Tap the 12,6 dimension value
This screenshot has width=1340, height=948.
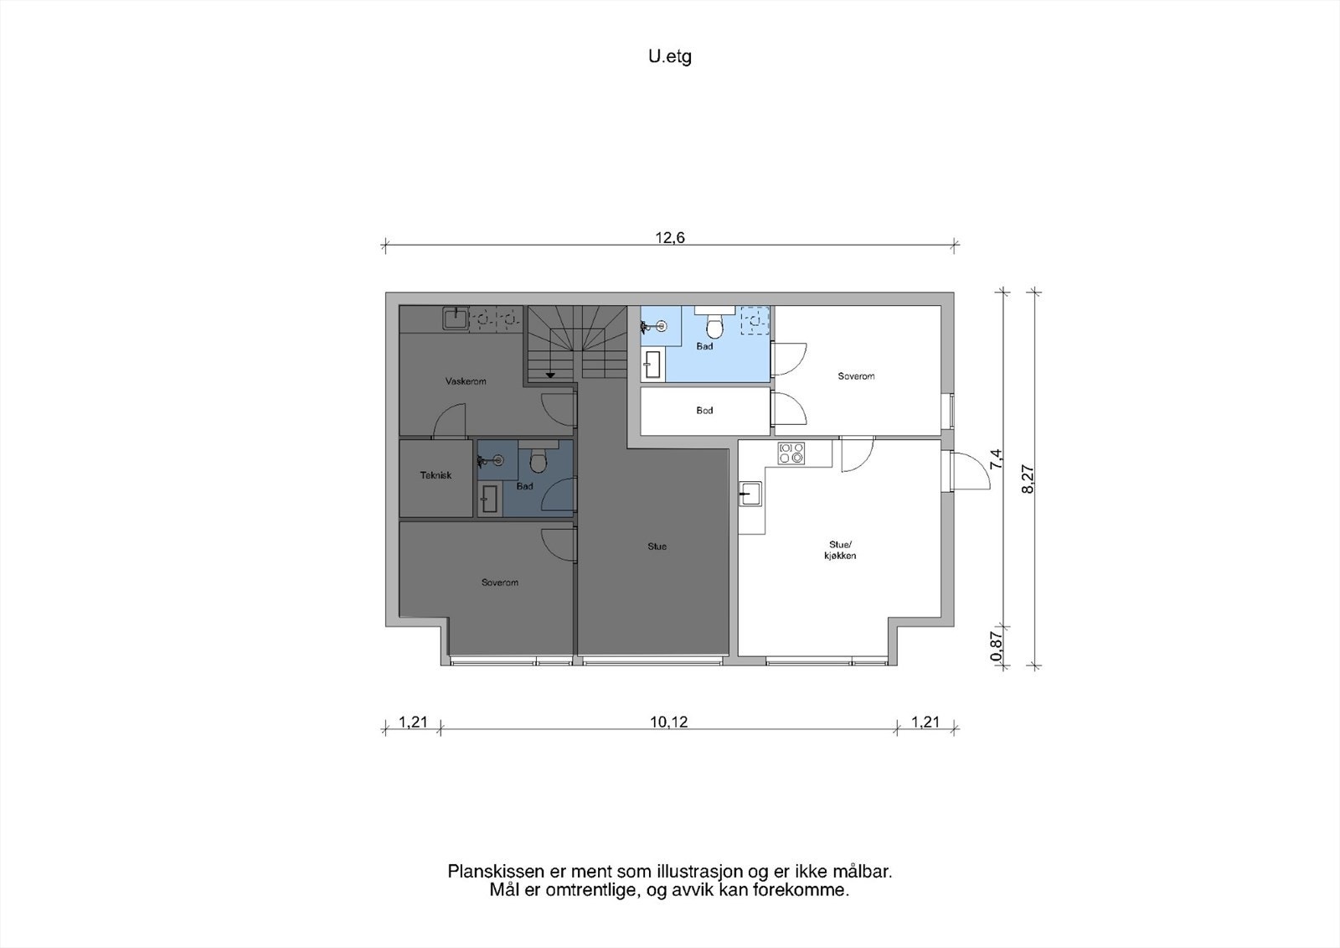pyautogui.click(x=669, y=238)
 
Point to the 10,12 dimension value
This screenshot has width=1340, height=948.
pyautogui.click(x=669, y=722)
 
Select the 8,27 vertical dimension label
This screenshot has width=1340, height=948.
pyautogui.click(x=1028, y=479)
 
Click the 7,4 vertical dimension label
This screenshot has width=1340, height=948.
pyautogui.click(x=996, y=459)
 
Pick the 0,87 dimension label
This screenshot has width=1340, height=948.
pyautogui.click(x=996, y=647)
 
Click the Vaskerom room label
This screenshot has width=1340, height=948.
pyautogui.click(x=466, y=381)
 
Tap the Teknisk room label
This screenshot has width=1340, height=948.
pyautogui.click(x=435, y=475)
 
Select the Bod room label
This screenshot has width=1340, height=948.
pyautogui.click(x=704, y=410)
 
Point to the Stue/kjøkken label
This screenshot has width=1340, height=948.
pyautogui.click(x=840, y=550)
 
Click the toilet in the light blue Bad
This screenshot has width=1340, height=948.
pyautogui.click(x=714, y=324)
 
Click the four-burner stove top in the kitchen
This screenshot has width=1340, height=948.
pyautogui.click(x=791, y=453)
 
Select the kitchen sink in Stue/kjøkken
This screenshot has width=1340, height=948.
pyautogui.click(x=750, y=494)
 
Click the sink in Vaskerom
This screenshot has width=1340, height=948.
pyautogui.click(x=456, y=318)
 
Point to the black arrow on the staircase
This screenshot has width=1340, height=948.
pyautogui.click(x=550, y=375)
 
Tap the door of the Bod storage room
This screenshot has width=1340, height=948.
pyautogui.click(x=788, y=408)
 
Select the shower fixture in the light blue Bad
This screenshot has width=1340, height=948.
pyautogui.click(x=654, y=326)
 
